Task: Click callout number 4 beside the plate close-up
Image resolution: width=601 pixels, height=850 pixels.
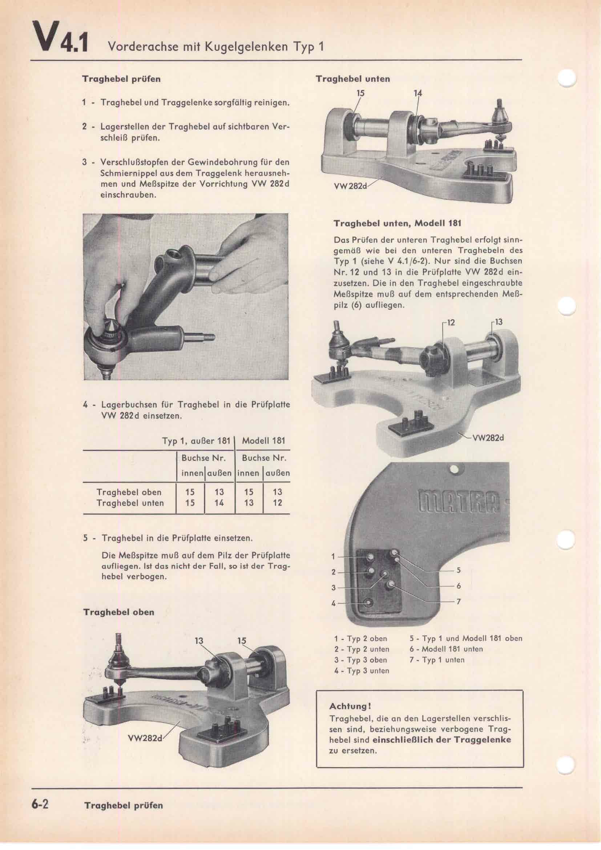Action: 334,604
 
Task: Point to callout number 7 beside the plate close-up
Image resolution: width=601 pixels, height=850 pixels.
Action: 459,601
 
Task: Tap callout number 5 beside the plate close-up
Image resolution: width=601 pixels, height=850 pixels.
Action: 459,570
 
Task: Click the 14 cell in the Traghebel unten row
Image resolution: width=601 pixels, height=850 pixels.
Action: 219,503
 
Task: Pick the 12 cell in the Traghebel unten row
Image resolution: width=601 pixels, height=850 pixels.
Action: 277,503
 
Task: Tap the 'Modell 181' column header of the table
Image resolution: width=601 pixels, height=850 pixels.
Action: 263,441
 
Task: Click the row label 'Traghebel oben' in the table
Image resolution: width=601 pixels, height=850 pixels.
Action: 129,492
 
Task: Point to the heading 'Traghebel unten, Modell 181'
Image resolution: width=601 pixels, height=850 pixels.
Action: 398,223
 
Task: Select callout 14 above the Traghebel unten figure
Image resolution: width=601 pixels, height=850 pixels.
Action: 418,93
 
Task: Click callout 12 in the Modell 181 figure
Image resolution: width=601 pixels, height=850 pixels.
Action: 450,322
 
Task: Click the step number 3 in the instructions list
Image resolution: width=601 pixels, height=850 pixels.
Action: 85,162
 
